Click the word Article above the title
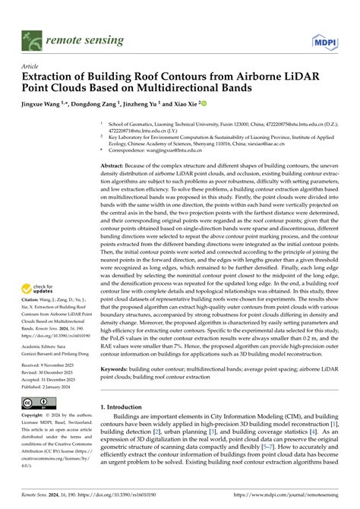tap(31, 66)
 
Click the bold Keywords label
tap(118, 368)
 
